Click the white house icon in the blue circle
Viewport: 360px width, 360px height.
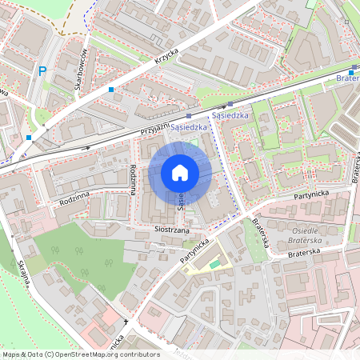tap(180, 173)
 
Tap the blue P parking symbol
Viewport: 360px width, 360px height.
tap(42, 72)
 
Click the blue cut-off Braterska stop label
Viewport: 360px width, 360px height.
tap(348, 78)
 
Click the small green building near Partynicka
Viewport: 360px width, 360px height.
tap(214, 264)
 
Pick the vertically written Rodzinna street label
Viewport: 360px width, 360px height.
tap(131, 179)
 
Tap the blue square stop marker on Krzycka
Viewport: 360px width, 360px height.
tap(111, 90)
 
